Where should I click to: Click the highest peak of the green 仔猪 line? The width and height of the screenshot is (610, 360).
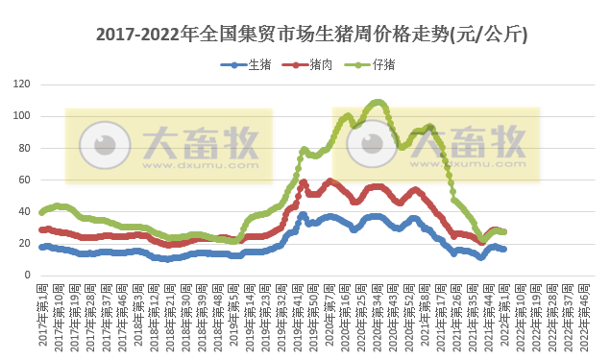pos(378,102)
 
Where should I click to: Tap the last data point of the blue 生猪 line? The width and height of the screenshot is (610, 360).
pos(504,249)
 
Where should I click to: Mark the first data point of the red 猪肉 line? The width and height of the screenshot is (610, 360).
pos(41,229)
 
